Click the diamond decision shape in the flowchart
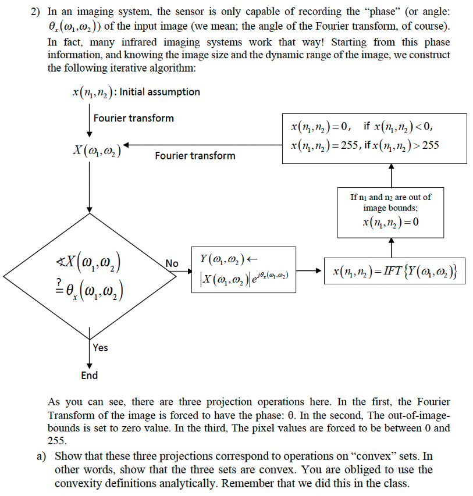(x=89, y=273)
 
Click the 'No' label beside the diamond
(x=172, y=263)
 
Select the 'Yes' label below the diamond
(x=100, y=347)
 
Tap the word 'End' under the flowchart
(x=89, y=375)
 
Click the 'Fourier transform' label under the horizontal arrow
(x=195, y=155)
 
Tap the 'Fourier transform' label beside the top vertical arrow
(x=133, y=118)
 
